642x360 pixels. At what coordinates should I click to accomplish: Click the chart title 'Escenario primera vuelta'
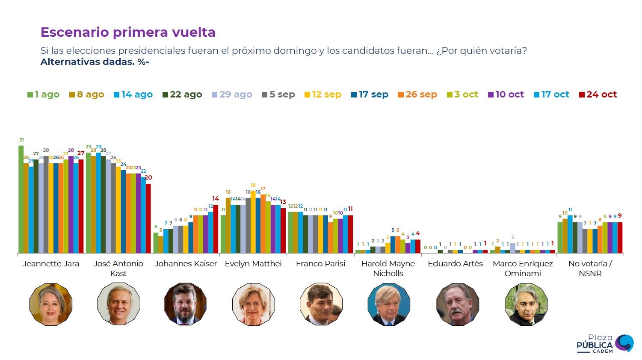(x=128, y=32)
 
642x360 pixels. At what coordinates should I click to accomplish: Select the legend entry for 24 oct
(x=598, y=94)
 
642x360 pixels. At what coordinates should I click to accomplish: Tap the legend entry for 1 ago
(x=43, y=94)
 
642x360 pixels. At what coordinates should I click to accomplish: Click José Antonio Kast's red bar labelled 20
(x=148, y=218)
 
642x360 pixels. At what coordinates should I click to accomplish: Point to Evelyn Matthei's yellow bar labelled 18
(x=253, y=222)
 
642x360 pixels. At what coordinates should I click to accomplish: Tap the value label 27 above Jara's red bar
(x=81, y=153)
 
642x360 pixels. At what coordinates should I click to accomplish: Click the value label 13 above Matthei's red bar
(x=283, y=202)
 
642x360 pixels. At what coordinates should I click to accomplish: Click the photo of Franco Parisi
(x=321, y=304)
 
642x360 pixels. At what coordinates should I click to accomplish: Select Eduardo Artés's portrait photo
(x=457, y=304)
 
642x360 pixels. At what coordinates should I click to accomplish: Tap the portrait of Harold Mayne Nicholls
(x=388, y=304)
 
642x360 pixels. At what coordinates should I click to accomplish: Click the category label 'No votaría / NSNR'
(x=590, y=268)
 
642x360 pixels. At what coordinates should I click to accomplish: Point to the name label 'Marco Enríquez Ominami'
(x=523, y=268)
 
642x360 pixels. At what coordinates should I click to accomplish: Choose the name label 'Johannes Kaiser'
(x=186, y=263)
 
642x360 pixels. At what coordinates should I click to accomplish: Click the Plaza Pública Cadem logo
(x=604, y=344)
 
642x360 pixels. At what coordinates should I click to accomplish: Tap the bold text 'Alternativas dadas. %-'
(x=95, y=62)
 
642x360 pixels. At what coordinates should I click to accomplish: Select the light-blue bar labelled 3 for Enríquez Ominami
(x=512, y=248)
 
